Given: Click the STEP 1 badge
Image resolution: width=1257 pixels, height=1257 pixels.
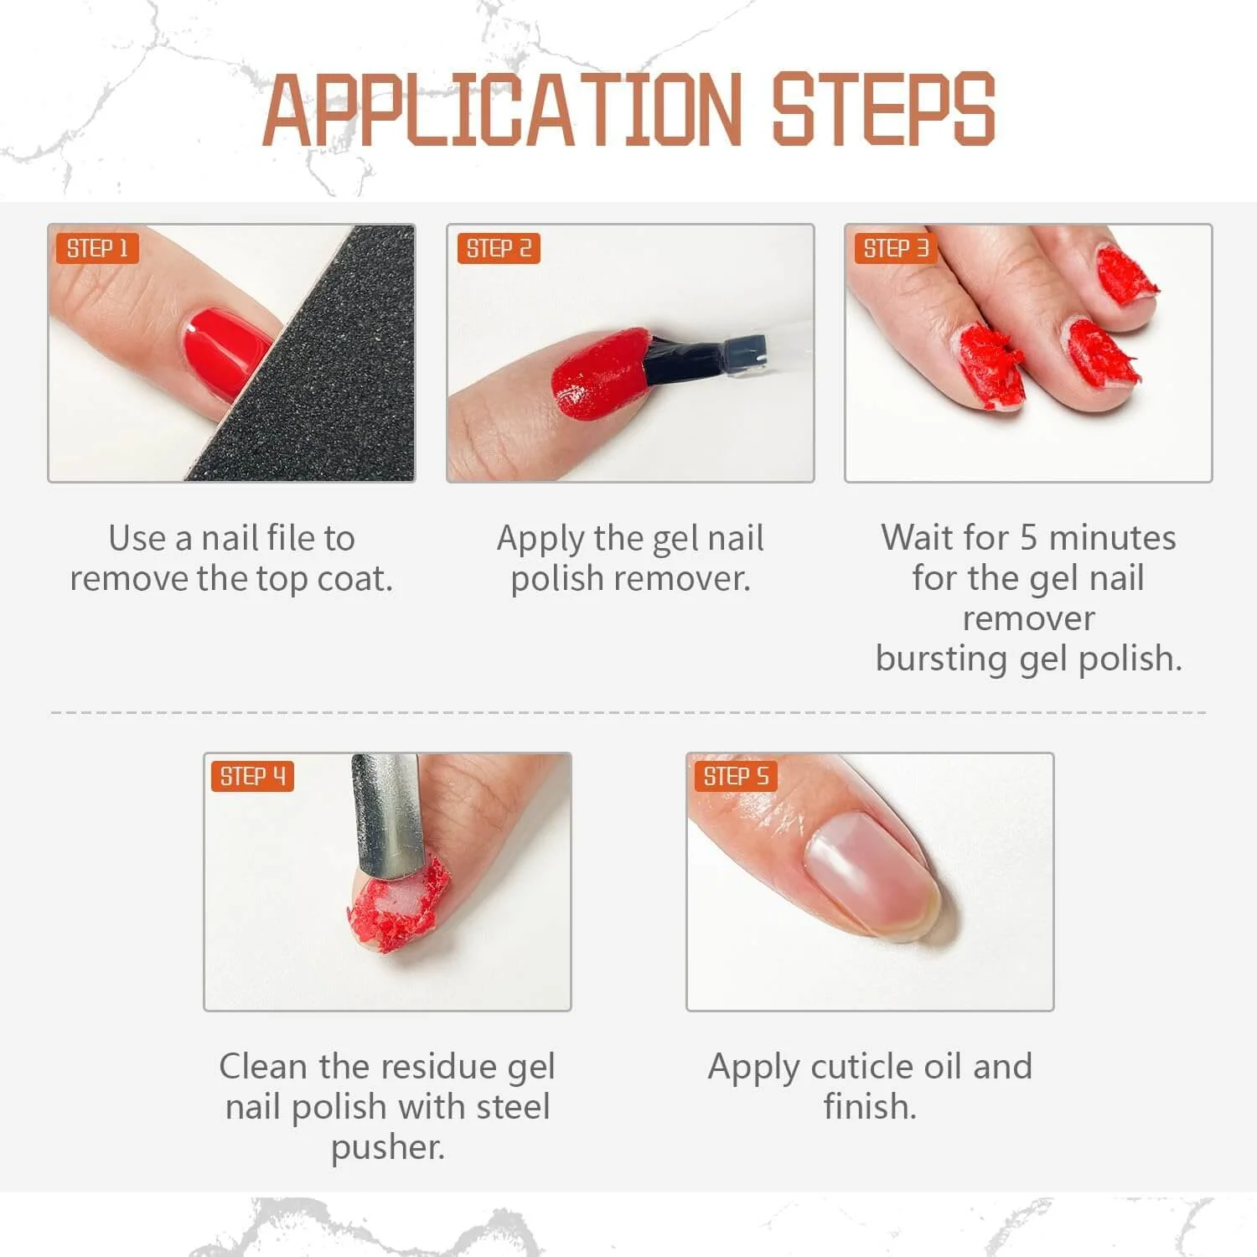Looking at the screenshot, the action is tap(97, 248).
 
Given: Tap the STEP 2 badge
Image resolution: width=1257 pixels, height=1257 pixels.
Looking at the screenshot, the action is tap(499, 248).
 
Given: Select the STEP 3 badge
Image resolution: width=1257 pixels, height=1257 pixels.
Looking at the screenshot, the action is tap(896, 248).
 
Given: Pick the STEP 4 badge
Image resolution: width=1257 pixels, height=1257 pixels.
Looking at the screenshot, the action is tap(252, 776).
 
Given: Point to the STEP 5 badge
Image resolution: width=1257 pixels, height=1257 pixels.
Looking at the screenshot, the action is tap(736, 776).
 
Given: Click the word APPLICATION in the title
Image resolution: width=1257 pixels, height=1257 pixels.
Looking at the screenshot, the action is tap(503, 110).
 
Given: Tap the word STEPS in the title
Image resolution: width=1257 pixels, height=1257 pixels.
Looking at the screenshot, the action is tap(883, 110).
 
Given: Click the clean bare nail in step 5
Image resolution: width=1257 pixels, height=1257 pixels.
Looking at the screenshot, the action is tap(872, 876).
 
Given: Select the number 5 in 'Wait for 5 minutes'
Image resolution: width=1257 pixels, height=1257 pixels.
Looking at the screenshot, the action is tap(1028, 537).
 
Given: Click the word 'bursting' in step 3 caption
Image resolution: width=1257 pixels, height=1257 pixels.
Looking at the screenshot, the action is tap(942, 660).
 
